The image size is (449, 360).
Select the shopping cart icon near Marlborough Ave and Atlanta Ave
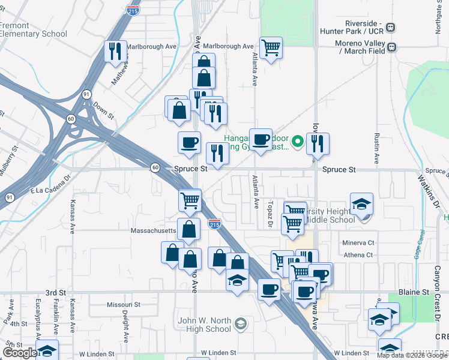[x=271, y=47]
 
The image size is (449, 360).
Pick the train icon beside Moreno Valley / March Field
[x=391, y=47]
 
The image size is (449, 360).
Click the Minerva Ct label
[x=358, y=243]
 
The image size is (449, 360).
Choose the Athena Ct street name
[x=359, y=255]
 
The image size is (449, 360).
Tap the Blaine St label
[x=417, y=292]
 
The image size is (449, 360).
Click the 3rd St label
[x=55, y=292]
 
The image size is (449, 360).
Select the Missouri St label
[x=123, y=305]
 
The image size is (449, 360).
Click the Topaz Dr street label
[x=270, y=214]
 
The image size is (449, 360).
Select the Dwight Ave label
[x=126, y=327]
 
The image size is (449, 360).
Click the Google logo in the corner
[x=20, y=353]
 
